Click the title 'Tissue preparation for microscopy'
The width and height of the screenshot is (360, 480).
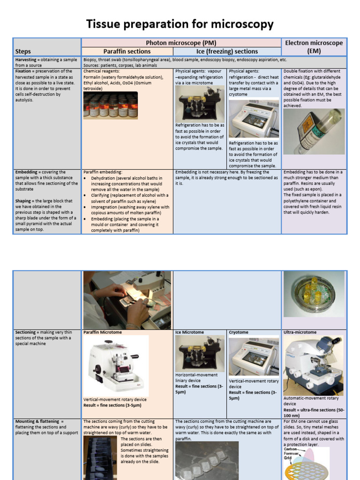(x=180, y=24)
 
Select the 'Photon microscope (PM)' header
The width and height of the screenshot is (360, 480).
(x=181, y=43)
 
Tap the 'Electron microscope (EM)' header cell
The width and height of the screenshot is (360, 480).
(x=314, y=46)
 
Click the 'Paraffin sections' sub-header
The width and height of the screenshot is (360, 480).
(x=127, y=52)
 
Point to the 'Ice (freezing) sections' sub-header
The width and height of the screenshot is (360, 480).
(x=227, y=52)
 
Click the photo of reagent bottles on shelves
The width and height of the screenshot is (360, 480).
(x=110, y=105)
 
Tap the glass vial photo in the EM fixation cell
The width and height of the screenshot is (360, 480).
(x=314, y=132)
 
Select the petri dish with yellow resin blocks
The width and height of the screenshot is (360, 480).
(x=314, y=287)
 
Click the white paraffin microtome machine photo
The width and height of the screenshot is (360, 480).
(x=116, y=366)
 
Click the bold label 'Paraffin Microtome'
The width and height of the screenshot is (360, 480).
(x=102, y=332)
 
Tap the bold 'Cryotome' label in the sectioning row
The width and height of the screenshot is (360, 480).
(x=238, y=332)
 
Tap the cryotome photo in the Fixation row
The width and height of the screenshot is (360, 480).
(x=254, y=119)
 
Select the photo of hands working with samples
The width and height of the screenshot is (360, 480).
(x=127, y=300)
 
